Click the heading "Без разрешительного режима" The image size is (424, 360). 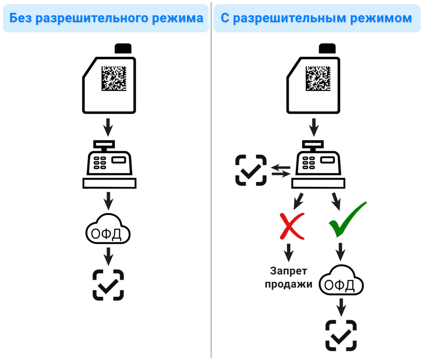point(106,19)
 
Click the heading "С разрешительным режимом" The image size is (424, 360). point(316,19)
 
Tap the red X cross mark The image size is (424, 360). point(291,226)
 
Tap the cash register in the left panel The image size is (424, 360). point(109,164)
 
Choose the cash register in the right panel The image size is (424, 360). point(318,164)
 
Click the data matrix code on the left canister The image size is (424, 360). point(114,78)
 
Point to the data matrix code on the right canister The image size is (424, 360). point(319,78)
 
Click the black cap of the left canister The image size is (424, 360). point(123,48)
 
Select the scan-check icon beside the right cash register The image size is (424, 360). point(251,170)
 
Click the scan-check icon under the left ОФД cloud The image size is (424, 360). point(108,285)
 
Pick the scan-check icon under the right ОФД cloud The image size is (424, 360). point(341,335)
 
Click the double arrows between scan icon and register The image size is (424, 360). point(281,170)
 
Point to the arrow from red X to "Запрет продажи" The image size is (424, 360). point(288,252)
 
